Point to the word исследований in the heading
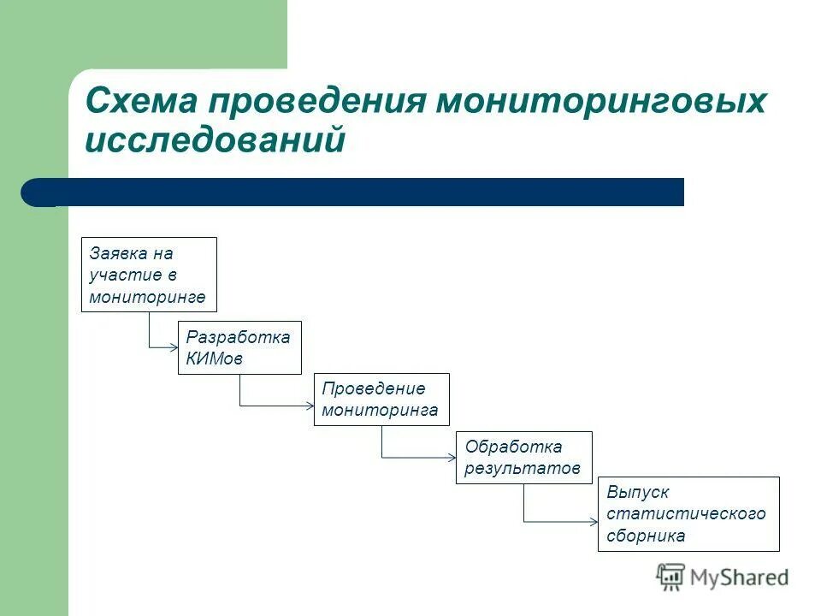(215, 140)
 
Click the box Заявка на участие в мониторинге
(149, 275)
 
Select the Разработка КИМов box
(239, 348)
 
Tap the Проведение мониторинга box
(381, 400)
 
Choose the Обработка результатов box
(523, 458)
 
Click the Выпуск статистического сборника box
(688, 513)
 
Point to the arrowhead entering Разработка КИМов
(174, 346)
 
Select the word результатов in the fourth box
(523, 468)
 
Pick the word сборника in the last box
(646, 536)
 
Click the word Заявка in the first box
(113, 253)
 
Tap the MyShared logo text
(739, 577)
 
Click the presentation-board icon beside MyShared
(670, 577)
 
